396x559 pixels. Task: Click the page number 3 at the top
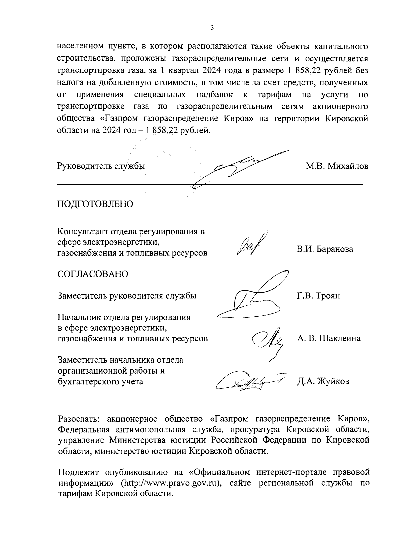[x=212, y=28]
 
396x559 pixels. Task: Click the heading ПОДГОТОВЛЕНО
[x=95, y=204]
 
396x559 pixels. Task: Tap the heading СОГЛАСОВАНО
[x=93, y=274]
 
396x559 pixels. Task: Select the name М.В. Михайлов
[x=337, y=166]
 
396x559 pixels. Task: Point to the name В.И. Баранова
[x=324, y=249]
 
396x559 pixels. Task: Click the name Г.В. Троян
[x=318, y=296]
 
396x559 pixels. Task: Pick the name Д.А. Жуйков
[x=323, y=381]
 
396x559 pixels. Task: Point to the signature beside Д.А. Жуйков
[x=251, y=381]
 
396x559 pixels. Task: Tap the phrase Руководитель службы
[x=101, y=166]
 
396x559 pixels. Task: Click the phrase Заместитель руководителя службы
[x=127, y=296]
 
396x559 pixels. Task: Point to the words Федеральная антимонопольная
[x=119, y=430]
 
